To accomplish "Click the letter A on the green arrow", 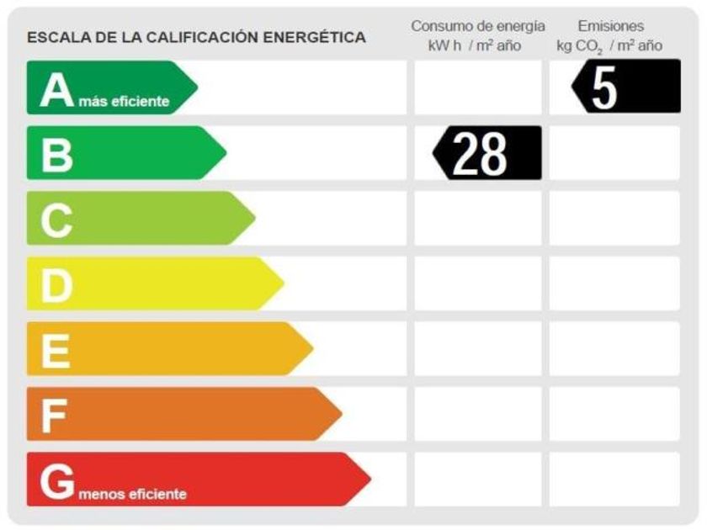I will (x=57, y=89).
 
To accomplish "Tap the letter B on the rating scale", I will (x=56, y=154).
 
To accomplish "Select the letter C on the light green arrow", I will (x=56, y=220).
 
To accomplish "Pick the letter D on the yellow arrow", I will (x=56, y=285).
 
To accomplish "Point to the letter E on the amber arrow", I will (x=56, y=350).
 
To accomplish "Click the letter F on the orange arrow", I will (x=54, y=415).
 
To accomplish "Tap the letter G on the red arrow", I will (x=57, y=481).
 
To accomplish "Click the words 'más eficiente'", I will (x=124, y=103).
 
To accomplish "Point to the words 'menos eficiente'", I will (x=133, y=494).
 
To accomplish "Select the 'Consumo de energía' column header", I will (x=477, y=26).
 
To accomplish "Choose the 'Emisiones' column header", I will (x=611, y=26).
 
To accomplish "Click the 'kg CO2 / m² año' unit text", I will (x=609, y=45).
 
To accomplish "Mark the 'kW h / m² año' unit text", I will (x=475, y=45).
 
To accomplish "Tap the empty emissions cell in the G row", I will (x=614, y=480).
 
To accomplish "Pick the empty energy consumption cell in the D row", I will (x=477, y=284).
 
